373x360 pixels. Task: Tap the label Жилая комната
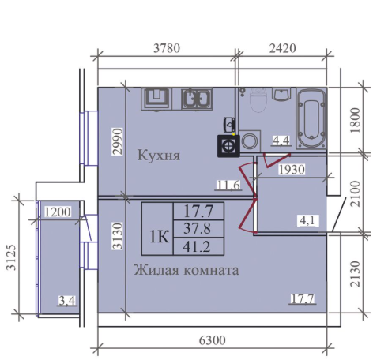(x=185, y=269)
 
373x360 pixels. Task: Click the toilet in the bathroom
(x=257, y=102)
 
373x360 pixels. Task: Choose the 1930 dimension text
(x=290, y=170)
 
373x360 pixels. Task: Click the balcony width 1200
(x=58, y=212)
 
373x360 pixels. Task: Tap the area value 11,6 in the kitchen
(x=227, y=186)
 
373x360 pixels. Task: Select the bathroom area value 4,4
(x=281, y=141)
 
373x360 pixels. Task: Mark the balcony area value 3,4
(x=66, y=299)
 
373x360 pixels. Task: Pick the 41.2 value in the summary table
(x=198, y=246)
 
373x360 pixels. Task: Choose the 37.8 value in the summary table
(x=198, y=228)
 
